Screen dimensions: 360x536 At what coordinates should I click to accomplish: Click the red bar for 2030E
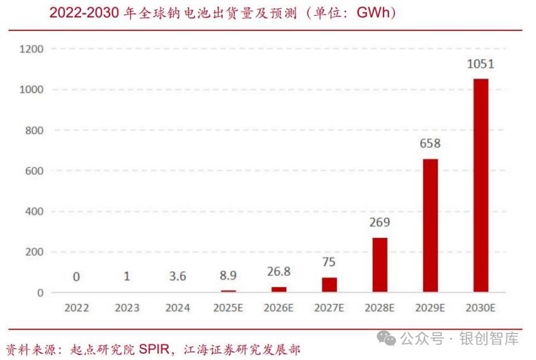481,186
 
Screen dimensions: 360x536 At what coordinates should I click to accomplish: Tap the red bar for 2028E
380,265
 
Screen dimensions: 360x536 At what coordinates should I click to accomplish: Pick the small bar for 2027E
329,285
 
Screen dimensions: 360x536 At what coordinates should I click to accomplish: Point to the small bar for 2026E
279,290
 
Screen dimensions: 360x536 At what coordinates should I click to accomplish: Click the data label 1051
480,64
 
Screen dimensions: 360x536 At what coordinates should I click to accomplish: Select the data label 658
430,143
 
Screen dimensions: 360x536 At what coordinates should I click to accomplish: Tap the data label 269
380,222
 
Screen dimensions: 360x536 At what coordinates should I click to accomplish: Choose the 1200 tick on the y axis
31,49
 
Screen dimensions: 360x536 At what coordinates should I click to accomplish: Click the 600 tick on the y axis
34,171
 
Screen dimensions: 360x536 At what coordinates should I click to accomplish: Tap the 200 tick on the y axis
34,252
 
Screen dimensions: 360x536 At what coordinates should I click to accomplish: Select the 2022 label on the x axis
76,308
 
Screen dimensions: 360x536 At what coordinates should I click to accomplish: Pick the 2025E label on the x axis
229,308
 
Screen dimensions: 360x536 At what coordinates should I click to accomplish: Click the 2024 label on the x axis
178,308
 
